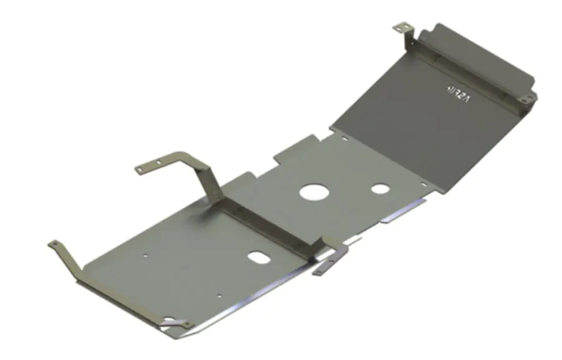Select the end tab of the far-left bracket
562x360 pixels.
[x=55, y=244]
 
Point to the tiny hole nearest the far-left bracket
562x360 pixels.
[x=146, y=257]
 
